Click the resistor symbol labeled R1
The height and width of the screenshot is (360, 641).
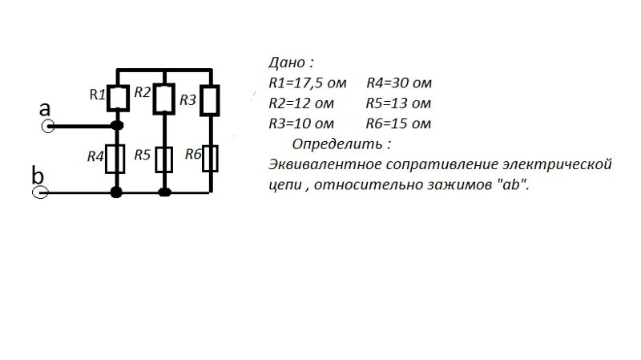click(118, 98)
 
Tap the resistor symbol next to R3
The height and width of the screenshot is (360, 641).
click(210, 100)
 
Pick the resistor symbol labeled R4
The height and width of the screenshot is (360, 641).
click(118, 159)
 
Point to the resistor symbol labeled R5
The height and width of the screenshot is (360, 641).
click(164, 159)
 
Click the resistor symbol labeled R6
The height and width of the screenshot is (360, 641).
click(210, 159)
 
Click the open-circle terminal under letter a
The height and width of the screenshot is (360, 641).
click(47, 126)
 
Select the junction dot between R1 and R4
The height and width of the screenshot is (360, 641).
click(118, 126)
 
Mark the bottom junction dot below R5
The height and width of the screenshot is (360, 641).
click(165, 192)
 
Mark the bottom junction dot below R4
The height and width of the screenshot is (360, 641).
click(118, 192)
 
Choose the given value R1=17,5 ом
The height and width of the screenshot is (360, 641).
click(308, 83)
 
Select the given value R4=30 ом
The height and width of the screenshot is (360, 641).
click(400, 83)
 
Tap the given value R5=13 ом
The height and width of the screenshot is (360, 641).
click(398, 103)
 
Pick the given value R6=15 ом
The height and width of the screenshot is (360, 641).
click(398, 123)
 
